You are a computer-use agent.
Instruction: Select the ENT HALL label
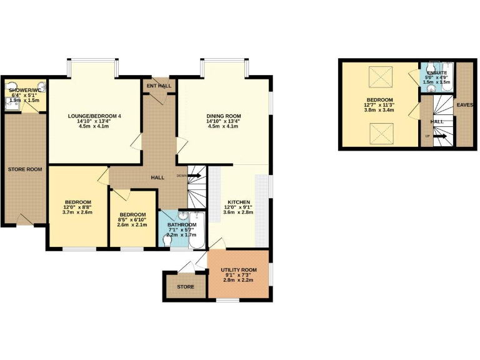click(159, 85)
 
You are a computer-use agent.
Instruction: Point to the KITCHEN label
click(238, 202)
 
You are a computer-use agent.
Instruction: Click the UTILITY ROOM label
click(239, 270)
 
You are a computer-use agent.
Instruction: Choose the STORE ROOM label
click(24, 169)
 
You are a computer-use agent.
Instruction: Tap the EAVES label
click(464, 104)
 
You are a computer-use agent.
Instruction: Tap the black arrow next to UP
click(439, 136)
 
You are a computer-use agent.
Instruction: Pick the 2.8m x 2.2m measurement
click(239, 279)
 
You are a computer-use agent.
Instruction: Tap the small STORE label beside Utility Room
click(186, 287)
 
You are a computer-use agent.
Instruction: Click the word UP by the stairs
click(427, 136)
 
